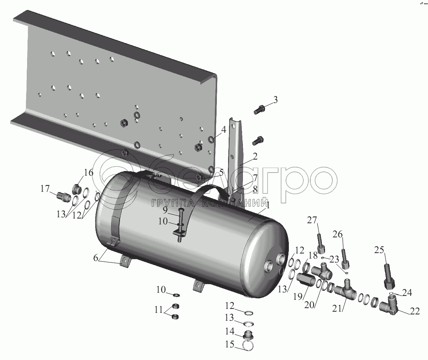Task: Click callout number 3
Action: click(x=275, y=100)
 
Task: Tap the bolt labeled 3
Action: click(x=258, y=110)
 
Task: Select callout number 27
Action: click(x=313, y=220)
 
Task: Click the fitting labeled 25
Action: click(x=389, y=277)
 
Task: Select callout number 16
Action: click(x=88, y=173)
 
